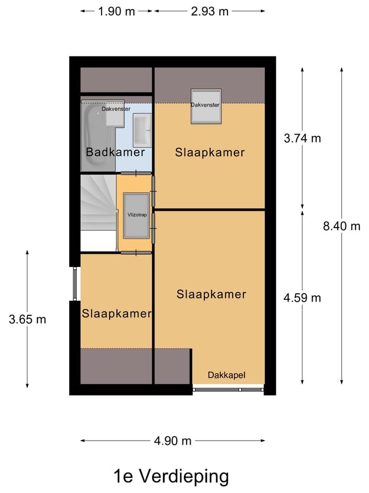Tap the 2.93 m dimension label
pyautogui.click(x=210, y=11)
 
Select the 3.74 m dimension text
pyautogui.click(x=302, y=138)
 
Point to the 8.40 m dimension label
pyautogui.click(x=342, y=226)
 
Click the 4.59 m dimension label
pyautogui.click(x=302, y=297)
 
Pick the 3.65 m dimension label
pyautogui.click(x=27, y=319)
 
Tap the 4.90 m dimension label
pyautogui.click(x=173, y=441)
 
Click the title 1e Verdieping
pyautogui.click(x=171, y=476)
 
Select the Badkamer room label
pyautogui.click(x=115, y=153)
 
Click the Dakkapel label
pyautogui.click(x=227, y=375)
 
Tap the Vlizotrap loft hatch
pyautogui.click(x=136, y=216)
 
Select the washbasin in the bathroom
pyautogui.click(x=141, y=129)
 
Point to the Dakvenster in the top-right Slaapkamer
pyautogui.click(x=206, y=106)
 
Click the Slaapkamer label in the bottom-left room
pyautogui.click(x=116, y=314)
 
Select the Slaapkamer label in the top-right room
pyautogui.click(x=210, y=153)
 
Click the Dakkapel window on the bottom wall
pyautogui.click(x=228, y=390)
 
